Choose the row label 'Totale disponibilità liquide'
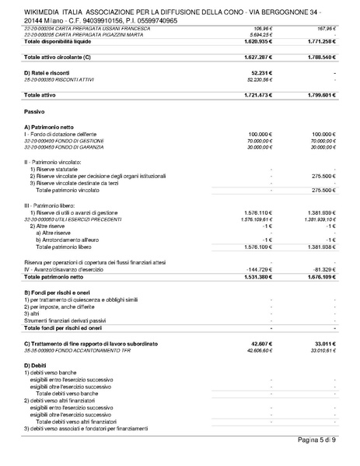[x=61, y=41]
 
